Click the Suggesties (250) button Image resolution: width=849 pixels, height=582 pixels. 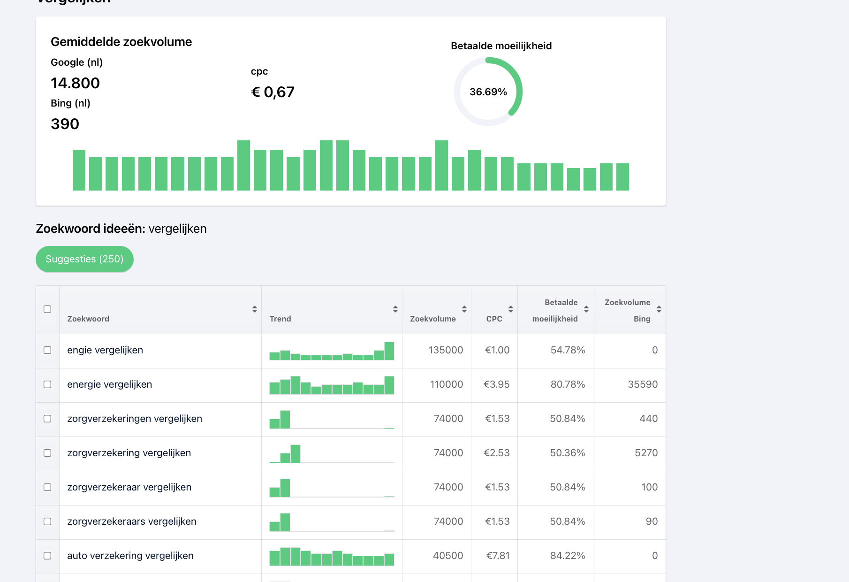84,259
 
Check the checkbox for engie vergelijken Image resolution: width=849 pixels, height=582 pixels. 47,350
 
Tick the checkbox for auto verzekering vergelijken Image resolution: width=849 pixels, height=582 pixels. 47,556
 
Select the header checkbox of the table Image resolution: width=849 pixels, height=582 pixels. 47,309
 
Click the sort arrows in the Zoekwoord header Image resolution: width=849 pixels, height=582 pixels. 255,309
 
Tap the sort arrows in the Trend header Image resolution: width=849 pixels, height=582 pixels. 395,309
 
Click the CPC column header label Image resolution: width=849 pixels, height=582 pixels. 494,319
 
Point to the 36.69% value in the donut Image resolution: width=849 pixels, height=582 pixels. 488,92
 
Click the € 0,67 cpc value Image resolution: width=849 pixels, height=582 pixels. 273,92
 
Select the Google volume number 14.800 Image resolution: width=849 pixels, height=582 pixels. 75,83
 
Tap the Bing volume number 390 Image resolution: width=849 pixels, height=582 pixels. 65,124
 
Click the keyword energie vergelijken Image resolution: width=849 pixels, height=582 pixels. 109,384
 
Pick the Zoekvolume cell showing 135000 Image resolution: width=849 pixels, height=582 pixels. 446,350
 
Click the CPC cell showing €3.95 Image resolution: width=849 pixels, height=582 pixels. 497,384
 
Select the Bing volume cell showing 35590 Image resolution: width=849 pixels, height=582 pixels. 643,384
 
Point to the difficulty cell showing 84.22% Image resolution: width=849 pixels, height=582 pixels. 568,556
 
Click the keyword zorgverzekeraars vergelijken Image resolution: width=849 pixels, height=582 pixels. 132,521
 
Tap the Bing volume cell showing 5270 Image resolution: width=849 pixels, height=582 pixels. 646,453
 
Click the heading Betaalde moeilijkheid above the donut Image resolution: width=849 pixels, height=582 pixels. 501,46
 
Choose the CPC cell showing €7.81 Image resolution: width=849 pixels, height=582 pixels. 498,556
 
